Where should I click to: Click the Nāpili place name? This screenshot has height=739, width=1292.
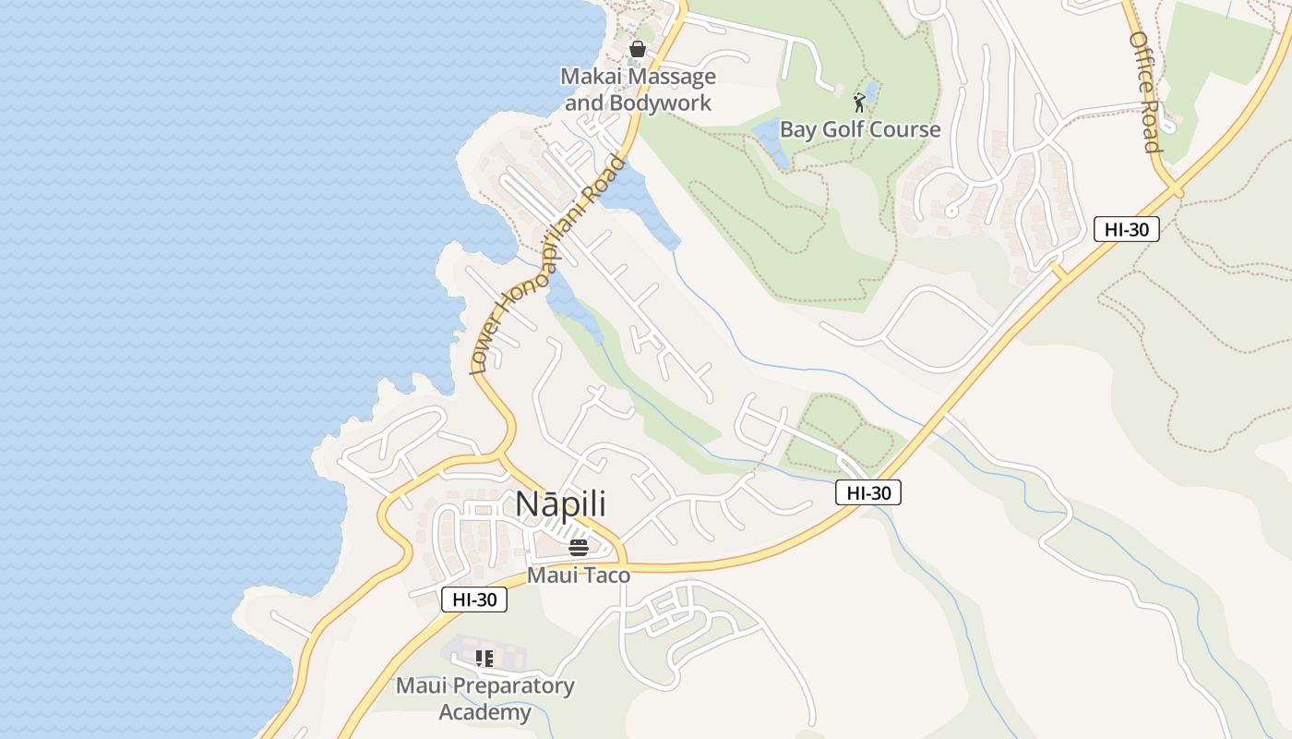click(560, 504)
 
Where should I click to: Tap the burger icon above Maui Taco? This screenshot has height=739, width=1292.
click(579, 548)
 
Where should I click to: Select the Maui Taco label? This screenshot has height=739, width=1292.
click(579, 575)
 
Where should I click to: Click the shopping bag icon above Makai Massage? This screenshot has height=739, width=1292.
click(637, 48)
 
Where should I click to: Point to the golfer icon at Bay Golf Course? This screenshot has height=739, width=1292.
click(859, 102)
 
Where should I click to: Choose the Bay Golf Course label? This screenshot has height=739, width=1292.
click(860, 129)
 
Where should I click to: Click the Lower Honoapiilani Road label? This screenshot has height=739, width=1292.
click(548, 266)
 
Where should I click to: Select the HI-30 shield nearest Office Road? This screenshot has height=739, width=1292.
click(1126, 229)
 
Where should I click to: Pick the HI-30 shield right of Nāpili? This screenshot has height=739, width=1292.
click(868, 493)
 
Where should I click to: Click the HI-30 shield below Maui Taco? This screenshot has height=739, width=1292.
click(474, 600)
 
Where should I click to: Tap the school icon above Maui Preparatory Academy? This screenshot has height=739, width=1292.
click(484, 659)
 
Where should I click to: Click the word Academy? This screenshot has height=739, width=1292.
click(485, 712)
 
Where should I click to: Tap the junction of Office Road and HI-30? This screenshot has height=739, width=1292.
click(1175, 191)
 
